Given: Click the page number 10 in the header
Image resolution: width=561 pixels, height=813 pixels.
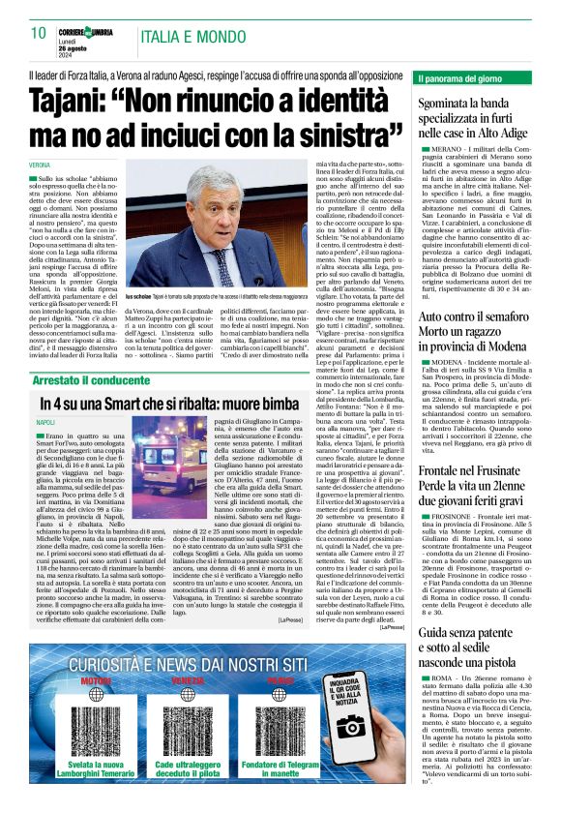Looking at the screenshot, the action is click(39, 32).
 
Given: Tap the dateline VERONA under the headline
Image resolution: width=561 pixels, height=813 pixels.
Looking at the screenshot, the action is click(40, 166).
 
